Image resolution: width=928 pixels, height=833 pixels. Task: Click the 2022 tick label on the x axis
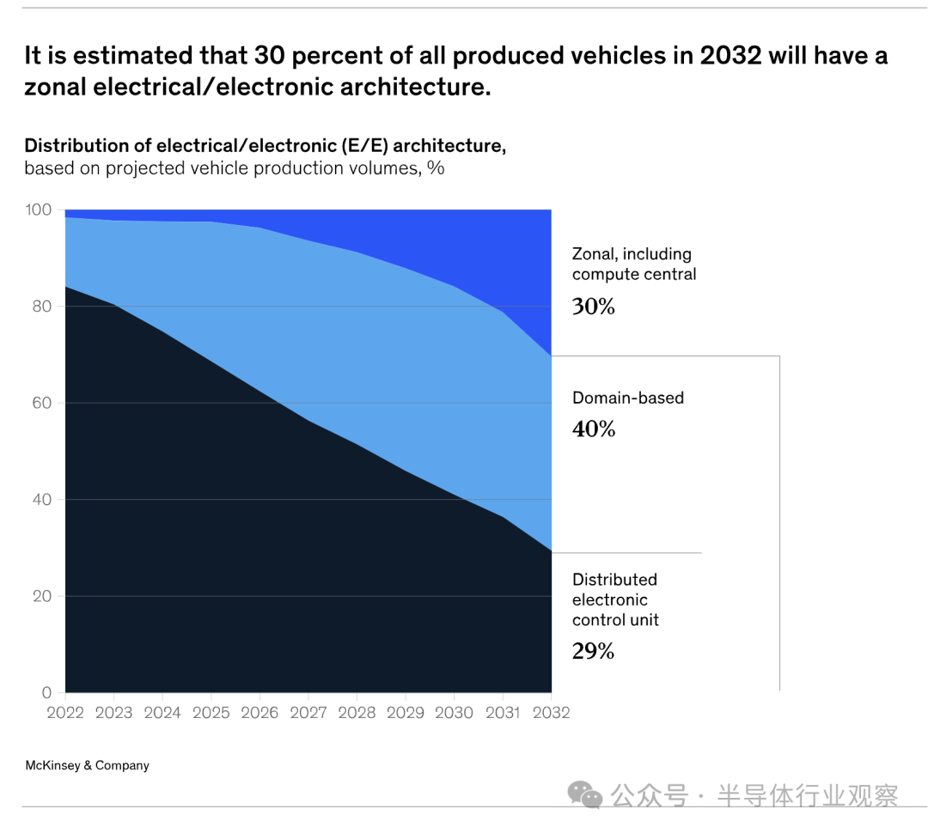point(64,714)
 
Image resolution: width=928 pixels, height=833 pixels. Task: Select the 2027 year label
point(308,714)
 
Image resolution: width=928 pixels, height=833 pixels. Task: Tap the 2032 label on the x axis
point(551,714)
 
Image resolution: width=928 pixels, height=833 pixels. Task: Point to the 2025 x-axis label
point(211,714)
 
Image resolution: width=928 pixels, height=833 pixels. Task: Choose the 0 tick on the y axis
point(47,693)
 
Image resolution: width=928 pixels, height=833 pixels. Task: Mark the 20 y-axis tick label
point(43,596)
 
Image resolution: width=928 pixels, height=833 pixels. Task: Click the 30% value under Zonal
point(594,307)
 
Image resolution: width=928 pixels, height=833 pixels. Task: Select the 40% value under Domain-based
point(594,429)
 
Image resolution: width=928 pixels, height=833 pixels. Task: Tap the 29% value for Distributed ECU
point(594,651)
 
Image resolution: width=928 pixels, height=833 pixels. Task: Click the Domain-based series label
point(628,398)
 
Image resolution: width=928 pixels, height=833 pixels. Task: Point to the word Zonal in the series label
point(594,254)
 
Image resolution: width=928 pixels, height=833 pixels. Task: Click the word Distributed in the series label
point(614,580)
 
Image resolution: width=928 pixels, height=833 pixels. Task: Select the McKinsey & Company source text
point(87,765)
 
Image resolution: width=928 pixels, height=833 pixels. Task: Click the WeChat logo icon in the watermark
point(586,794)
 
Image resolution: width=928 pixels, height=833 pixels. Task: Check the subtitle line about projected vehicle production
point(234,168)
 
